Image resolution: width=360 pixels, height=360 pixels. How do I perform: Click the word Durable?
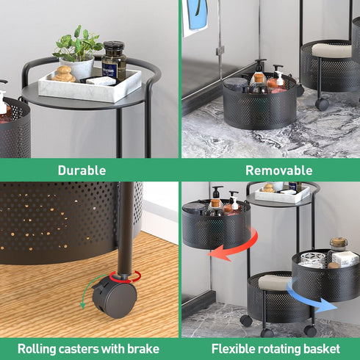point(82,170)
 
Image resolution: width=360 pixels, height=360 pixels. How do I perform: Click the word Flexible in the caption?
point(231,348)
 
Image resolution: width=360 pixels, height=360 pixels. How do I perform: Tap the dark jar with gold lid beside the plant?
point(114,60)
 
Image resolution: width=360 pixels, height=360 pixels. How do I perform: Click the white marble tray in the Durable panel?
point(90,87)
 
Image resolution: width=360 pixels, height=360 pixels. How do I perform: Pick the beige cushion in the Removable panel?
point(331,50)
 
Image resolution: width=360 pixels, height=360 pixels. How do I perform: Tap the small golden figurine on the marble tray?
point(64,74)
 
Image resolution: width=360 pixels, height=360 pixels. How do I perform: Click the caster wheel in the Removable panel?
point(322,104)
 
